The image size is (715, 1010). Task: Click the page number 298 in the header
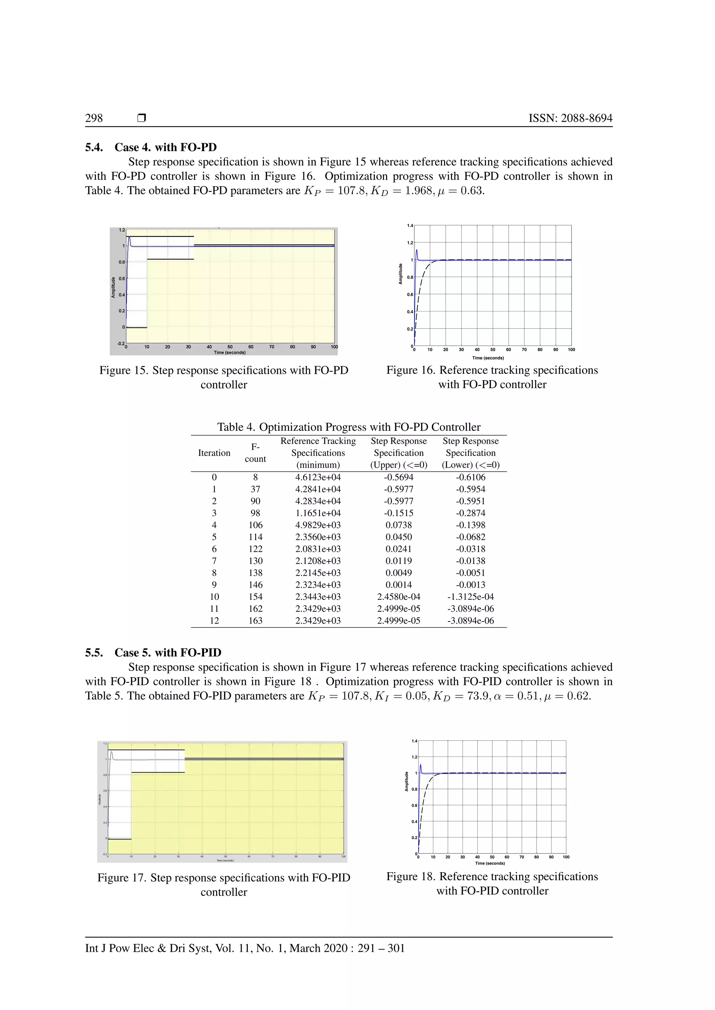94,118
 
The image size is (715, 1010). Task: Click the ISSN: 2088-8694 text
570,118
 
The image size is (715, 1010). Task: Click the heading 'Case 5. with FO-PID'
168,653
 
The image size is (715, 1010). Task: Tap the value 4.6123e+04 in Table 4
318,477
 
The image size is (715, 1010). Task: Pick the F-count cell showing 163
255,621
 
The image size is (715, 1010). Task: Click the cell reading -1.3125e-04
470,597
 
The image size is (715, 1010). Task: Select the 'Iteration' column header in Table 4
214,453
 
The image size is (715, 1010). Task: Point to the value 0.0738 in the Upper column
398,525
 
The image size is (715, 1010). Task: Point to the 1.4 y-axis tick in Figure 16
410,226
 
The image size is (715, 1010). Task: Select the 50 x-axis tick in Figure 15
230,347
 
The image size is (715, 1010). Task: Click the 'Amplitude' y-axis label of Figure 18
406,781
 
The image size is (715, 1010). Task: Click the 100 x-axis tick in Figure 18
566,857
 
